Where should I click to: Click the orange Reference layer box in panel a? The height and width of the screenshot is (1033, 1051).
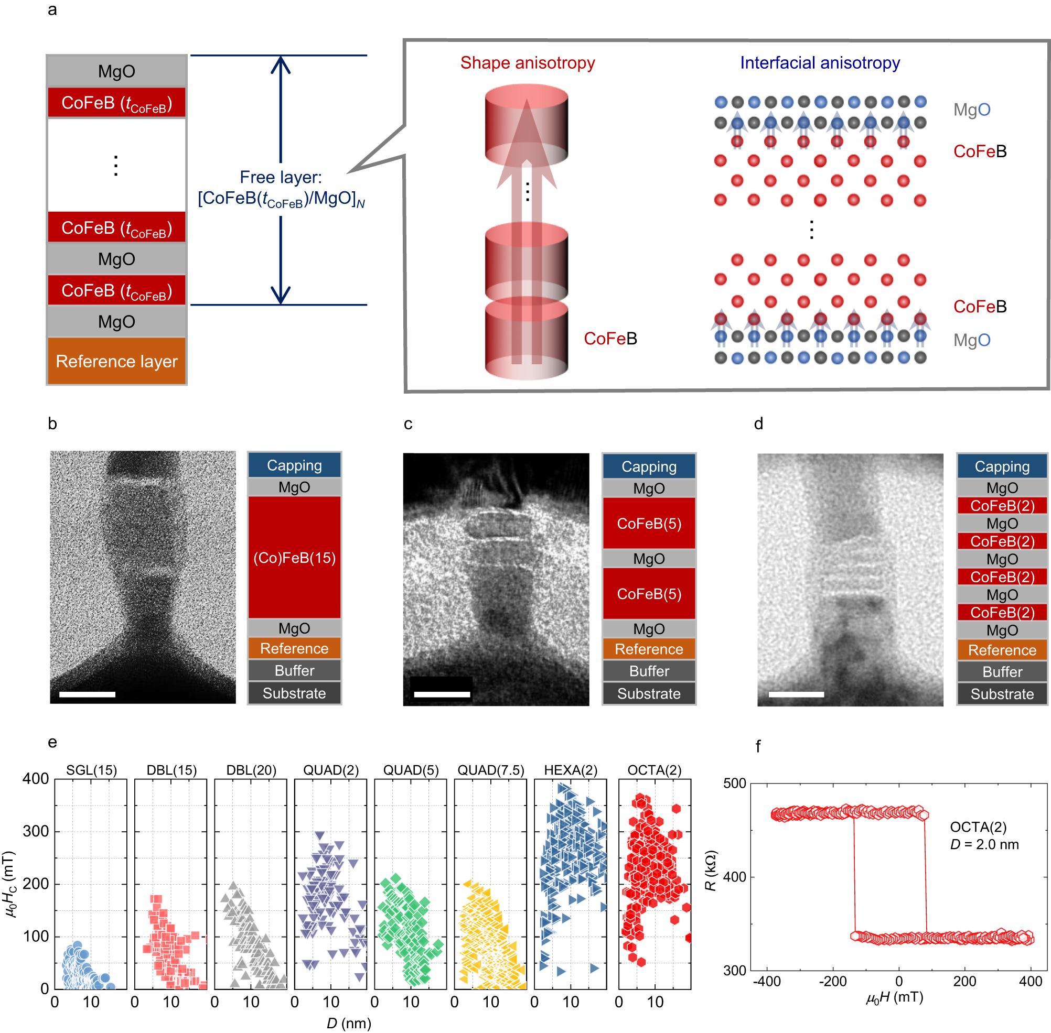tap(117, 361)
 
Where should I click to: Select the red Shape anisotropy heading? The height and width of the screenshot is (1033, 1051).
tap(527, 63)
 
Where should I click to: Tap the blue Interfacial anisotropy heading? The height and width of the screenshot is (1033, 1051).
tap(819, 63)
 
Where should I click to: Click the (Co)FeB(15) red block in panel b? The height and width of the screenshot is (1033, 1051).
tap(294, 558)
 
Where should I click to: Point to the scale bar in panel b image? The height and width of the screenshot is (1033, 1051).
tap(87, 694)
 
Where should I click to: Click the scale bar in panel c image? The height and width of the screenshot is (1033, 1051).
tap(442, 694)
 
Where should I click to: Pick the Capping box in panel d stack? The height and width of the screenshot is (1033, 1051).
tap(1002, 466)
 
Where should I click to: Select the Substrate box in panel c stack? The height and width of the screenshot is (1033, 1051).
tap(649, 694)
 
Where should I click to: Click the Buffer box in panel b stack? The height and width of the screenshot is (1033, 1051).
tap(294, 670)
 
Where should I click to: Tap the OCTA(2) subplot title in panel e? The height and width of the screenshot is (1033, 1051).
tap(653, 770)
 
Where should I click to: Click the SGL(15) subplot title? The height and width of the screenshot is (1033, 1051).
tap(91, 770)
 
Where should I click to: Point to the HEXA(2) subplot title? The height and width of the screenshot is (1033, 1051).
tap(570, 770)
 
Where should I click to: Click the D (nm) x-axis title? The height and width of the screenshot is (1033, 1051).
tap(349, 1023)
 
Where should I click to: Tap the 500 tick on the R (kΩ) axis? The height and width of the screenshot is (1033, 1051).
tap(735, 783)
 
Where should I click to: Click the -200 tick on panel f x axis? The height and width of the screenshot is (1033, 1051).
tap(832, 981)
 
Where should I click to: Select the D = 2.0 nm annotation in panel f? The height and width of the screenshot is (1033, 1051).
tap(984, 845)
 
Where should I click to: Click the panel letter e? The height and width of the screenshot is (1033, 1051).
tap(52, 742)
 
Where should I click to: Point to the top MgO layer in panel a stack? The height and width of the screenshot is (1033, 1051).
tap(117, 72)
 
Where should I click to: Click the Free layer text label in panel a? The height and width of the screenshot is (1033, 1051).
tap(281, 178)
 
